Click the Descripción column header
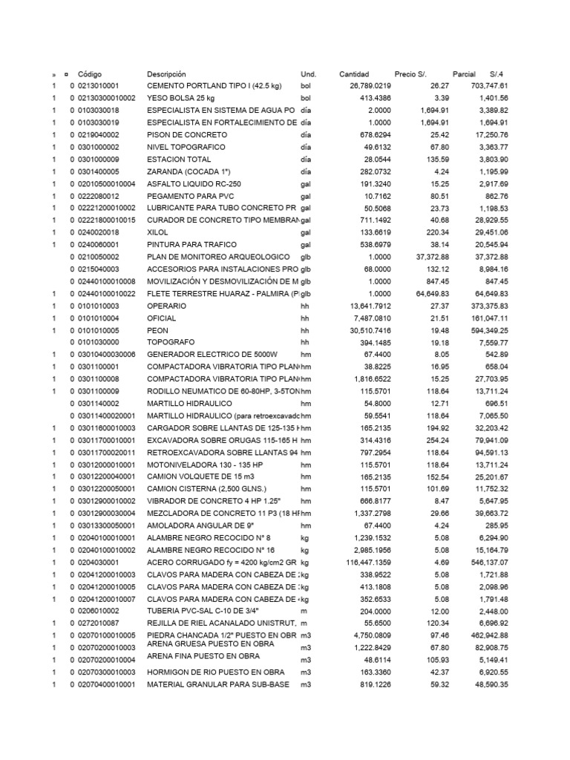point(166,75)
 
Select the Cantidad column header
point(353,75)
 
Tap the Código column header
point(90,75)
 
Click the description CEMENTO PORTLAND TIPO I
point(214,86)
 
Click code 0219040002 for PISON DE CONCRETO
point(99,134)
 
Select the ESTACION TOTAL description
point(176,159)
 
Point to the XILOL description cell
point(158,232)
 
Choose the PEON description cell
point(158,330)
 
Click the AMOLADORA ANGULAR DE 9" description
point(194,526)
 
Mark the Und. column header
point(308,75)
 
